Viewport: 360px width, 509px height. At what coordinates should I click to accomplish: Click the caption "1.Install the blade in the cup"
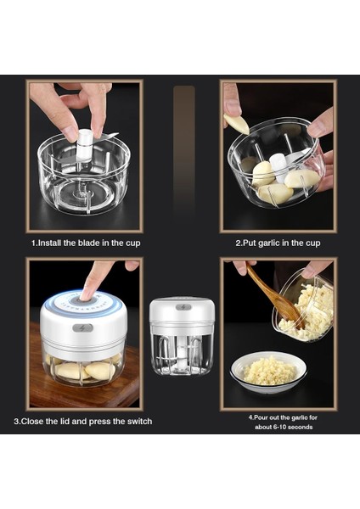tap(86, 243)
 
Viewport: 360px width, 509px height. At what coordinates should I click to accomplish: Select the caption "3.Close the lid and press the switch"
tap(83, 421)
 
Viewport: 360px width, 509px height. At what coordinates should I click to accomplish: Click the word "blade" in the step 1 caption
tap(89, 243)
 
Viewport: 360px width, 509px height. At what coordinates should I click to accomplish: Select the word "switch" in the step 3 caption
tap(138, 421)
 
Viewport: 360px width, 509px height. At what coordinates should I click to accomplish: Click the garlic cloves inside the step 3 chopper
tap(85, 370)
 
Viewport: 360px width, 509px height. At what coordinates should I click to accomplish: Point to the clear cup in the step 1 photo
tap(85, 182)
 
